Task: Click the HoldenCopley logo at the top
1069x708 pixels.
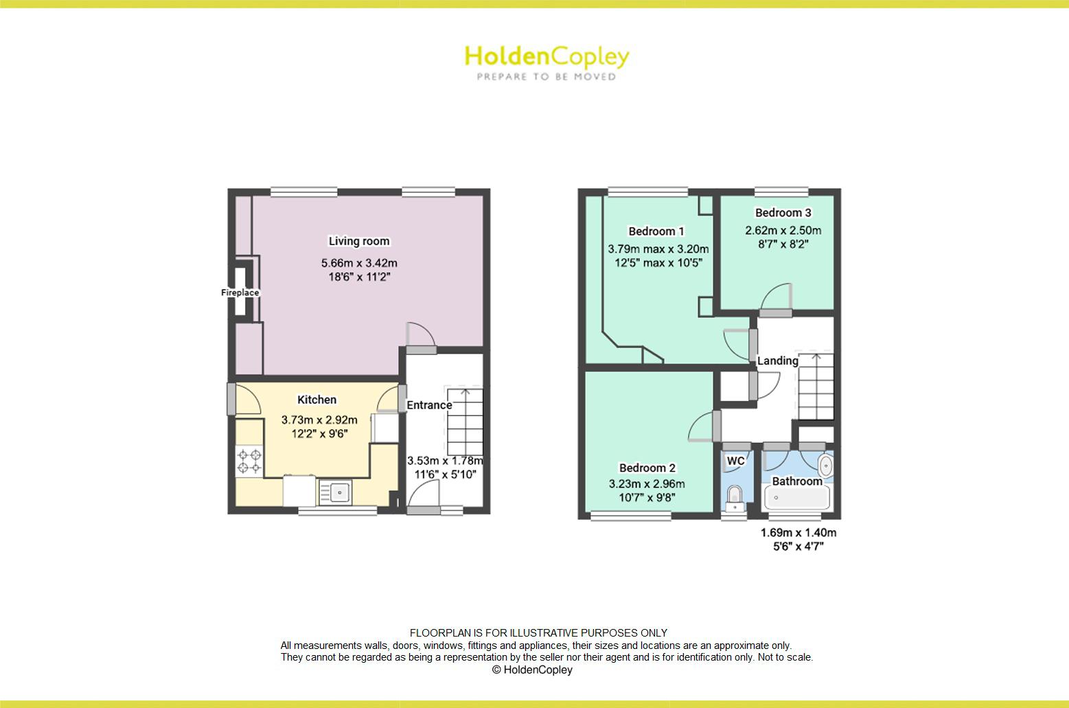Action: click(x=546, y=57)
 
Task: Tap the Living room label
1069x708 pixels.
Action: click(x=358, y=241)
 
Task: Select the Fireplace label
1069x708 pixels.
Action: click(x=240, y=293)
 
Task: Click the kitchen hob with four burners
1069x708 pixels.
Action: click(x=249, y=461)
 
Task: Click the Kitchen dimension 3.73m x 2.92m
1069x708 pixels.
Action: click(x=319, y=420)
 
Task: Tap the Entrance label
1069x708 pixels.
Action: click(x=429, y=405)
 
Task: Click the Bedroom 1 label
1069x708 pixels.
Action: click(x=656, y=231)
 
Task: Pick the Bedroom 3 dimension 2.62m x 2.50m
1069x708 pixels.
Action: click(x=783, y=231)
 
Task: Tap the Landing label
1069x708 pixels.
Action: click(x=777, y=361)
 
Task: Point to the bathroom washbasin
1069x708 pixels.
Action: click(x=826, y=466)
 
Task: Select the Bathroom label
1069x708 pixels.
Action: click(x=796, y=481)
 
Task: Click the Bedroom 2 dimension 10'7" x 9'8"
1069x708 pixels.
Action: click(x=646, y=498)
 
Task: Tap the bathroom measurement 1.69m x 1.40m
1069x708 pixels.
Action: click(x=798, y=533)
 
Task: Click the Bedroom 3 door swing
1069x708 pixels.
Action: click(x=777, y=299)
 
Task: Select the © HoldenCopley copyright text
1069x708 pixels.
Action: click(x=532, y=670)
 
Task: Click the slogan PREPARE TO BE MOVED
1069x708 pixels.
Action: click(x=546, y=77)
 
